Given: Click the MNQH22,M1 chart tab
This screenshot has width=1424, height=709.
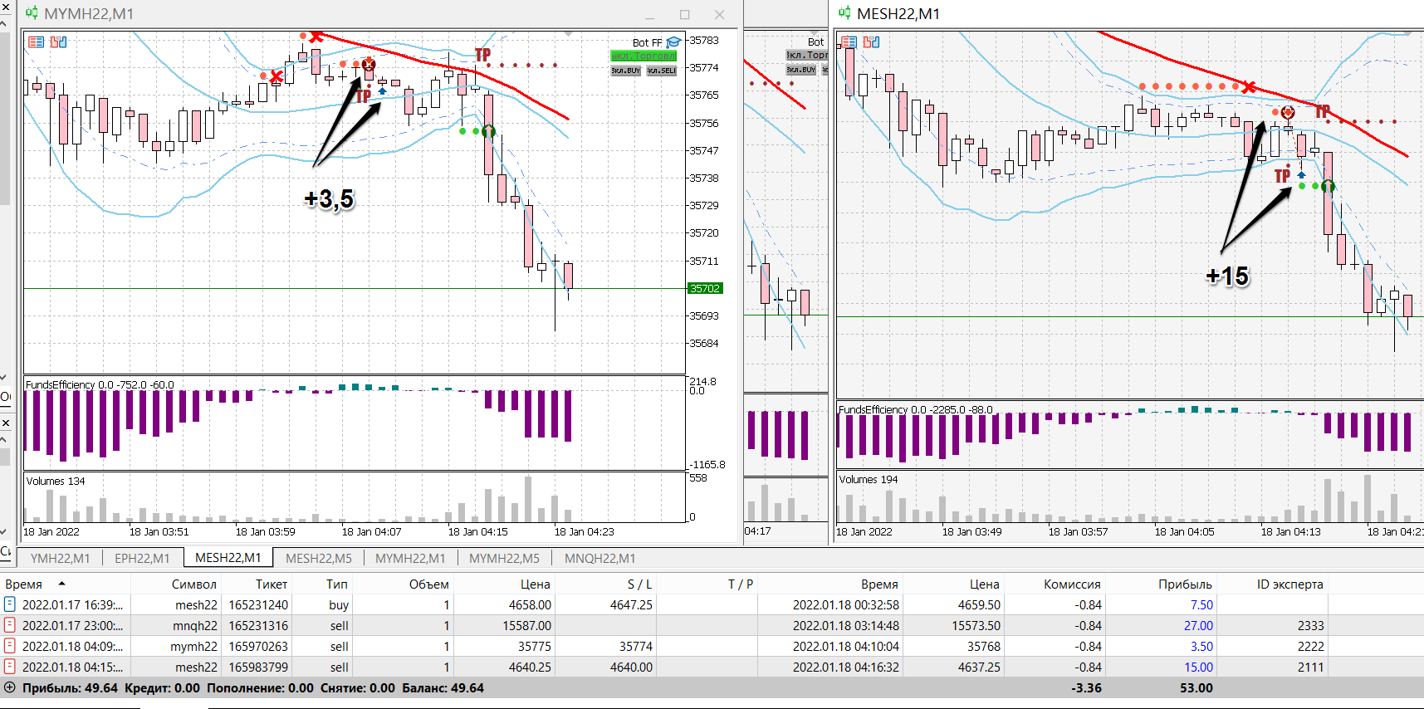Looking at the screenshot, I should (599, 558).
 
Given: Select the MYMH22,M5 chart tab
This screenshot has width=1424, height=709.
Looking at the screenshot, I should (504, 558).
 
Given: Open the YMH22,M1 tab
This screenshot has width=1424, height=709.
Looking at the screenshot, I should (60, 558).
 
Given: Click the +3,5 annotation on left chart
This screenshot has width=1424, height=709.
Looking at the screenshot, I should (329, 199).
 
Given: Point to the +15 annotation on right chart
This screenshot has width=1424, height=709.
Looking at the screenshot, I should (1227, 276).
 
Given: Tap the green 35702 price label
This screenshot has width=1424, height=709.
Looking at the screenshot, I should (705, 288).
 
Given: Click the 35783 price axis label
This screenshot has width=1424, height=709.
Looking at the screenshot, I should (704, 40).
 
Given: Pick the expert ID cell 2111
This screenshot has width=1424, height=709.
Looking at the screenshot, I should (1310, 667).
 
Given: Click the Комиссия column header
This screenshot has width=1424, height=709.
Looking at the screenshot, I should (1072, 584).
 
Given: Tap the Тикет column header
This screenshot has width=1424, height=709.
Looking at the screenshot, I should (271, 584).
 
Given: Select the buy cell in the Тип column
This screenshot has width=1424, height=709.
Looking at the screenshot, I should (339, 604).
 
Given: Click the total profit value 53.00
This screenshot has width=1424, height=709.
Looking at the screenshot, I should (1196, 687).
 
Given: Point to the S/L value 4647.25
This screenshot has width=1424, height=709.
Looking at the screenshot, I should (631, 604).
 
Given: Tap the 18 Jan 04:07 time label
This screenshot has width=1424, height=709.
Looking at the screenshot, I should (371, 531).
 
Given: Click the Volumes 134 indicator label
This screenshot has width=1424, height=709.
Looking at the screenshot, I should (56, 481).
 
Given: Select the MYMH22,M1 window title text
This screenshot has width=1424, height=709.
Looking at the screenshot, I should (88, 14).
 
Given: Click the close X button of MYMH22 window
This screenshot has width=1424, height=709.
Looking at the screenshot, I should (719, 14).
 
